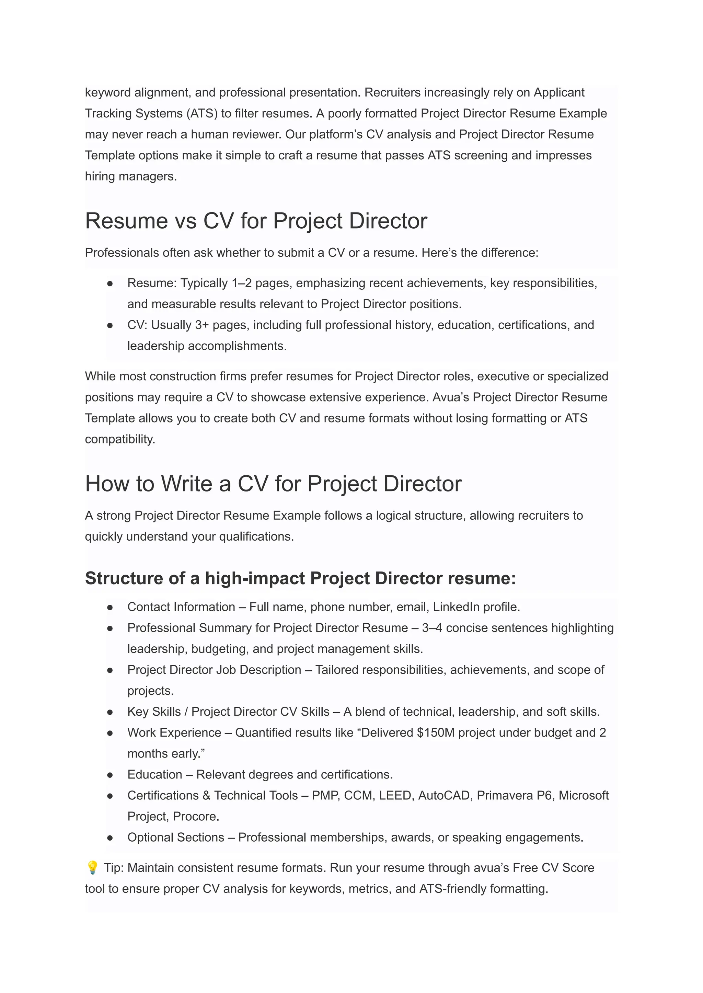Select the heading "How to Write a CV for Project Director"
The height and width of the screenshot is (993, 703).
273,484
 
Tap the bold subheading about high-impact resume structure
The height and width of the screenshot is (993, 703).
300,578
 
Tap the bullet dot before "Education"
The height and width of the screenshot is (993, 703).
110,775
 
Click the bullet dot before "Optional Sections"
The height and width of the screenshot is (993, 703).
110,838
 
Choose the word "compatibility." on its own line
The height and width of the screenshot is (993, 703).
120,439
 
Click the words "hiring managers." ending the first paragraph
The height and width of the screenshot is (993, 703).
131,177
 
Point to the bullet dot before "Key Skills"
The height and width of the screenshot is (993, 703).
110,712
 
